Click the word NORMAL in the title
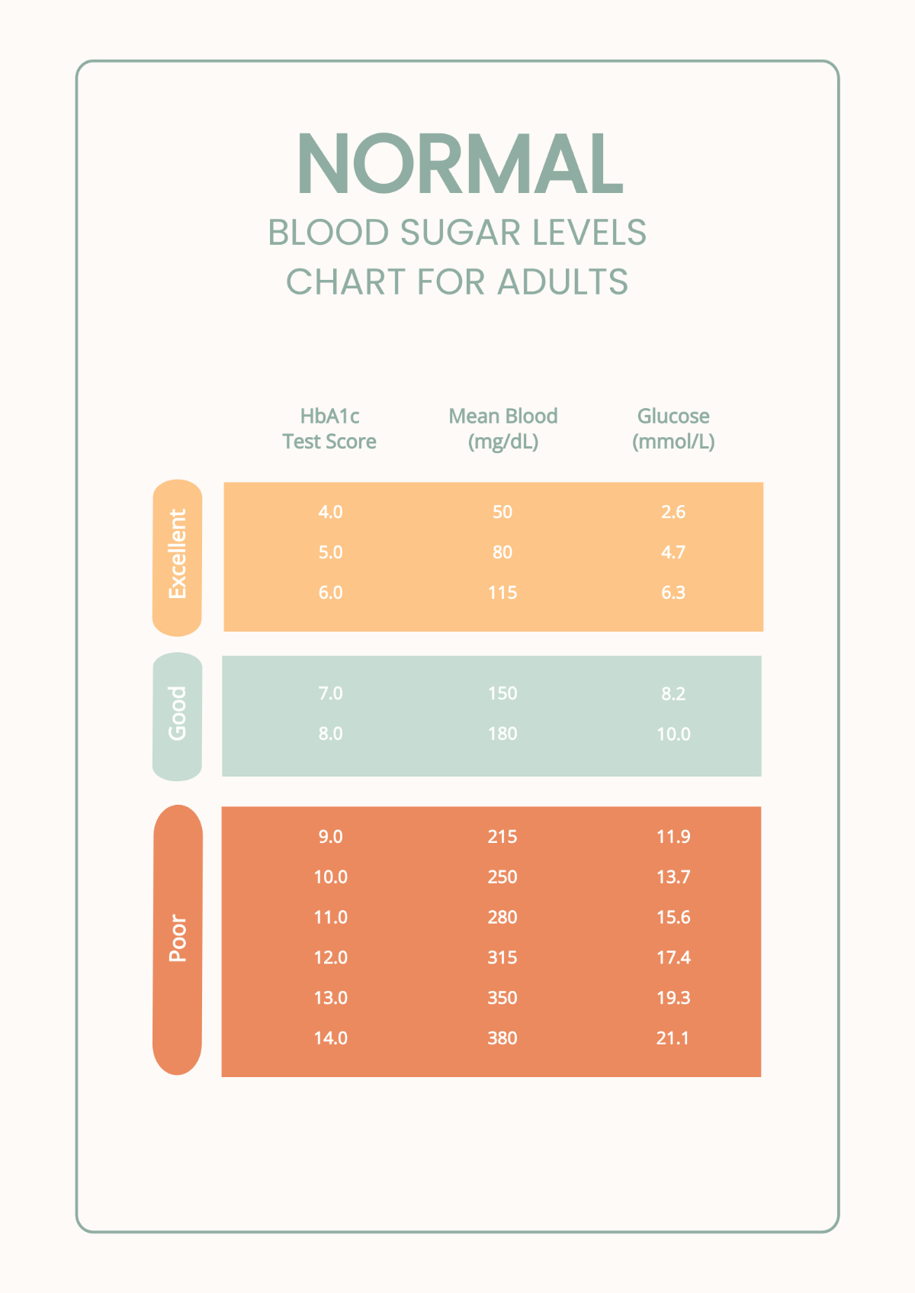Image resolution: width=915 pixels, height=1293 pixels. click(460, 164)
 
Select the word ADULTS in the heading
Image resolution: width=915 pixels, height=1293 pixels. click(563, 282)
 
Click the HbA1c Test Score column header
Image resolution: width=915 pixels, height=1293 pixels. click(329, 429)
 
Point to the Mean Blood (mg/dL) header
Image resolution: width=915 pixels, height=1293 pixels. click(502, 429)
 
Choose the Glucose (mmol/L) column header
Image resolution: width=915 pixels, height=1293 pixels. click(673, 429)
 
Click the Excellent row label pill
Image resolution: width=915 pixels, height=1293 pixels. click(177, 557)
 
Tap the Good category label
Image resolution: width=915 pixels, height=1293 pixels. click(177, 716)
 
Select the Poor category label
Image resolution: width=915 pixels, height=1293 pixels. click(177, 939)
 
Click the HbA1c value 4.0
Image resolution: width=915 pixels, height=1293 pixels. click(330, 512)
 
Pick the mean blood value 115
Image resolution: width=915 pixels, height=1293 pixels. click(502, 593)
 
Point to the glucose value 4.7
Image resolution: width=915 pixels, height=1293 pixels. click(673, 552)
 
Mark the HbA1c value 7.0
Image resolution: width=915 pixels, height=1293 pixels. click(330, 693)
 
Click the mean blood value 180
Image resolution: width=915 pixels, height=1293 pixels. click(502, 734)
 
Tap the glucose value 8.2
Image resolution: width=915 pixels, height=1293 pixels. click(673, 693)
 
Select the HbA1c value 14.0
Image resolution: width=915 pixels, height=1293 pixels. click(330, 1038)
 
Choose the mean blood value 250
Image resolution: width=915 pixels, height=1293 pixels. click(502, 877)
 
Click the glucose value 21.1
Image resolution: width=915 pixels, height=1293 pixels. click(673, 1038)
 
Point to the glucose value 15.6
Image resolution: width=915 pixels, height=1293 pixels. click(673, 918)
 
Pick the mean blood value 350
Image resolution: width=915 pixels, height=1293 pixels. click(502, 998)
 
